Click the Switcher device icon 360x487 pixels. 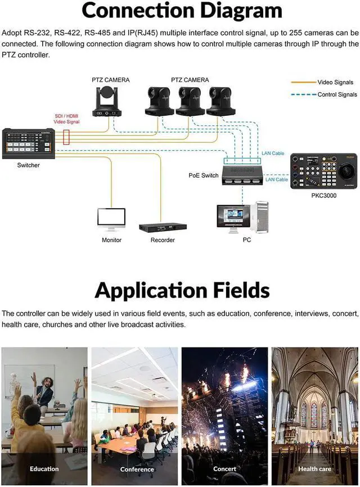(28, 142)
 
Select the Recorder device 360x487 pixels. (163, 227)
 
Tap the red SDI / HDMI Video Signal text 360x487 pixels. (66, 119)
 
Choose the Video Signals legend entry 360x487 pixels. (335, 82)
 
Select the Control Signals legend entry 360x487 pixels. (337, 94)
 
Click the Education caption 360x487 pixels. (44, 468)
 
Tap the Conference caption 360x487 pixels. (137, 469)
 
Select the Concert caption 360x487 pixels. (224, 468)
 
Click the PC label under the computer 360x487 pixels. (246, 240)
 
